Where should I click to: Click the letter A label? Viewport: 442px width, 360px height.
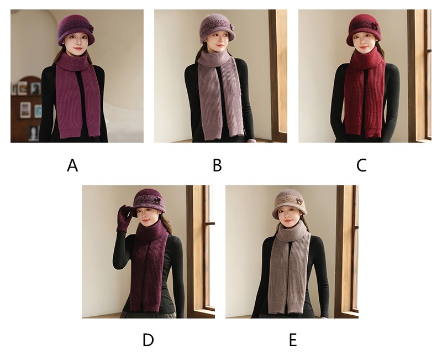pos(72,165)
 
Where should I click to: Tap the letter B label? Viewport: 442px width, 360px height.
pos(217,165)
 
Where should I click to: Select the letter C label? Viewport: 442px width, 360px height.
pos(361,165)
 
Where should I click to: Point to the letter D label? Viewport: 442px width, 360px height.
pos(148,340)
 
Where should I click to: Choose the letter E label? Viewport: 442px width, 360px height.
pos(293,340)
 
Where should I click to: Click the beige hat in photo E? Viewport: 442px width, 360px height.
pos(290,202)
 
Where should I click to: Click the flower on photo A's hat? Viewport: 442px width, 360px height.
pos(90,28)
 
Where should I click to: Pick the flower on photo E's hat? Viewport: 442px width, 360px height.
pos(299,201)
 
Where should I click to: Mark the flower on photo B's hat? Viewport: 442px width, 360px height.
pos(230,27)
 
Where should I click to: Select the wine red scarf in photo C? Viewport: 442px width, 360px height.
pos(365,93)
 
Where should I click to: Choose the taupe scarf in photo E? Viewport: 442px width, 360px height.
pos(289,268)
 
